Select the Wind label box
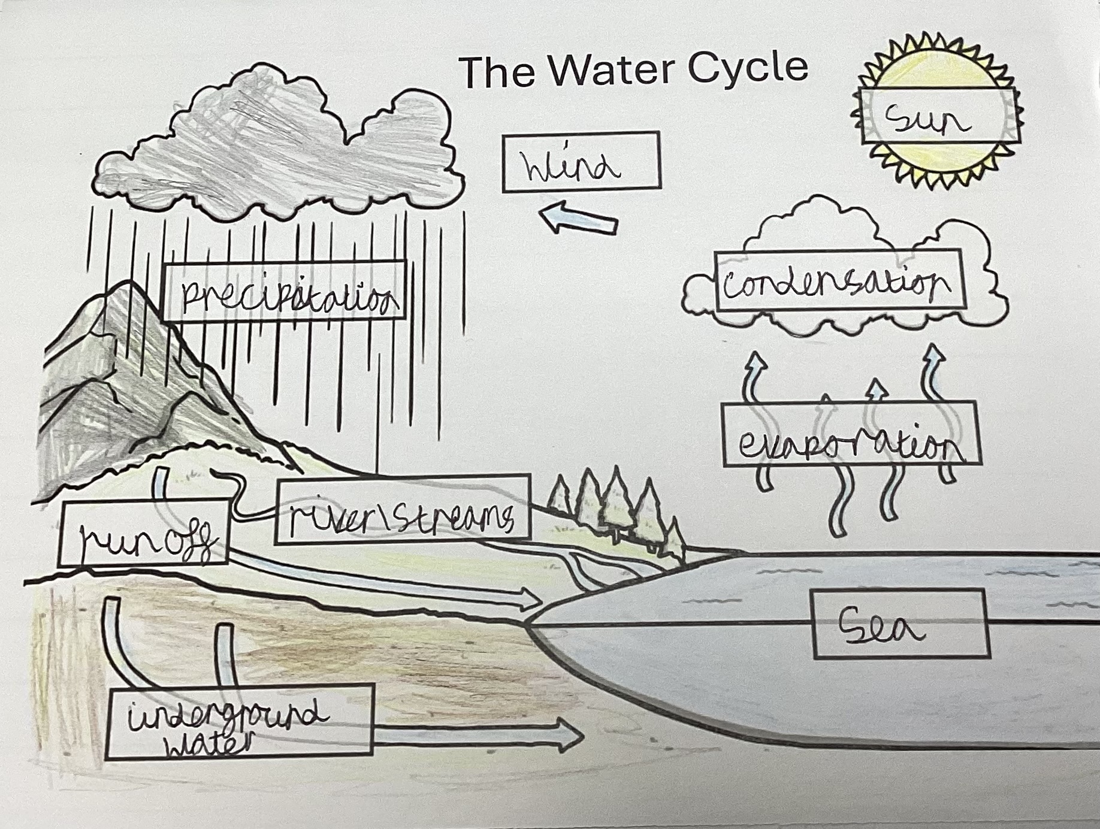click(x=581, y=162)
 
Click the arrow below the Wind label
click(x=578, y=221)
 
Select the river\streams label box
click(x=403, y=511)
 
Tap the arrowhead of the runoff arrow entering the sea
click(x=530, y=598)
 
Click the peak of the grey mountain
click(x=129, y=286)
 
